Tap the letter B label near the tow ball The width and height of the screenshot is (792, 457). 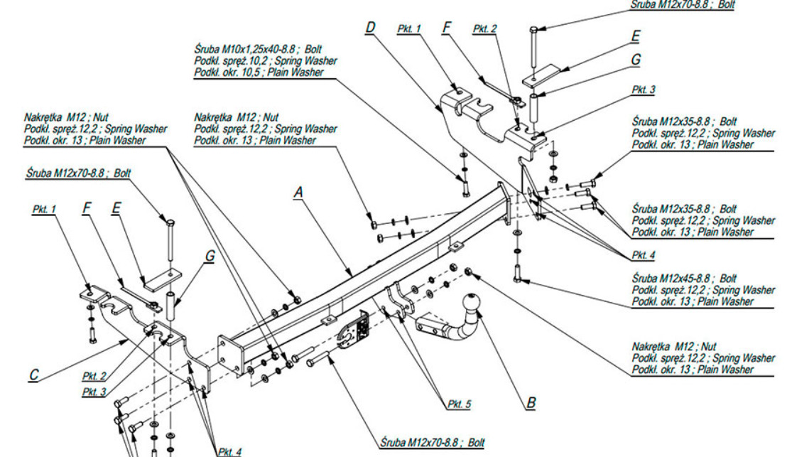pos(531,403)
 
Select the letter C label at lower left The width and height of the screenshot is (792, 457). pos(34,374)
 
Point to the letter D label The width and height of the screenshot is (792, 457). pos(370,28)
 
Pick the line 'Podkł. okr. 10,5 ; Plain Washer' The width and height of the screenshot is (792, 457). pos(259,72)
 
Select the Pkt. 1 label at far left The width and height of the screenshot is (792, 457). pos(44,210)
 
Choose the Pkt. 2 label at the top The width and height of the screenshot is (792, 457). pos(485,28)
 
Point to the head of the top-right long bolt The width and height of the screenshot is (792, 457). pos(533,29)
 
